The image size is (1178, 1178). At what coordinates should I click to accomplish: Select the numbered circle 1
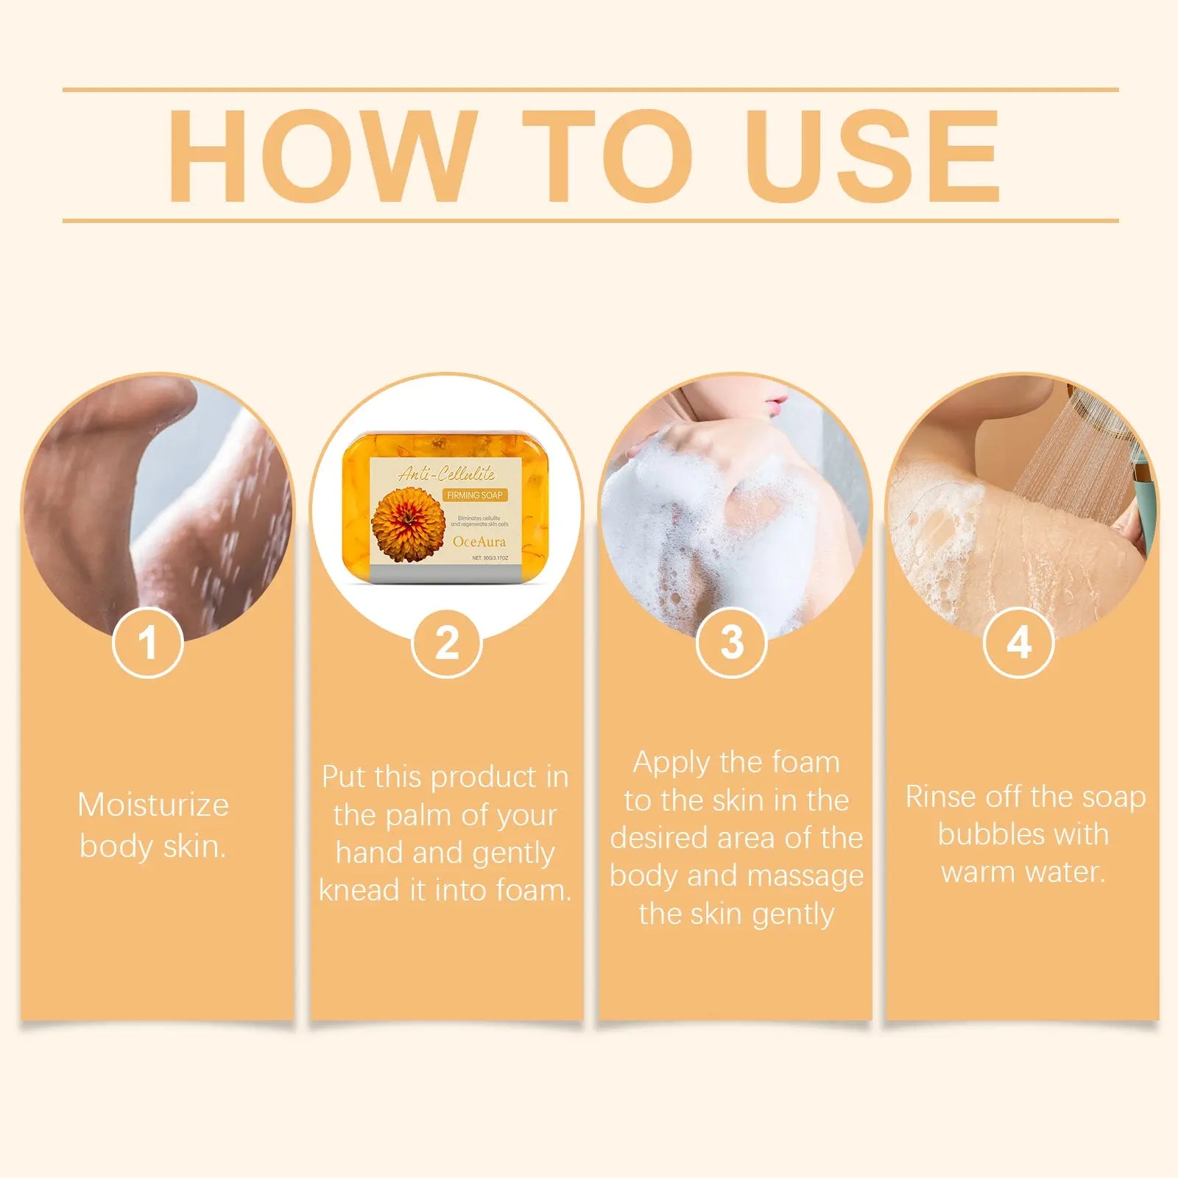148,643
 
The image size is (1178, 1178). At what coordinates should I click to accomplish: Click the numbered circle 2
446,643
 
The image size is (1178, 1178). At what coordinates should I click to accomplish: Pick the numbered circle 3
731,643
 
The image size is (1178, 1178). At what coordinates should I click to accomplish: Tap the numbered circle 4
1018,643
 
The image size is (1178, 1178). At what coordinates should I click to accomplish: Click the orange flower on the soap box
408,523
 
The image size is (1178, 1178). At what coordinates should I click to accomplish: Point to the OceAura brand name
479,542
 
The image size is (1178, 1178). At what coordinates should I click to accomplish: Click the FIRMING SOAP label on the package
475,495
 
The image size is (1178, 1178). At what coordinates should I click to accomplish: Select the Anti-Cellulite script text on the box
447,474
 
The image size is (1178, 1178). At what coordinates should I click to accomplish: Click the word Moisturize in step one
153,805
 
